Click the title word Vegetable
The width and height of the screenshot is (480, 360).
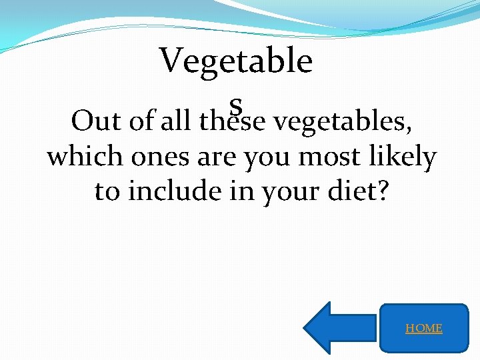[236, 62]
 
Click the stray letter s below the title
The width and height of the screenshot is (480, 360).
[235, 104]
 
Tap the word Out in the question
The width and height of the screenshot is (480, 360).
[95, 121]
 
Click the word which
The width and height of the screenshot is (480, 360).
[85, 157]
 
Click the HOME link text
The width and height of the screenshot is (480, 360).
[424, 328]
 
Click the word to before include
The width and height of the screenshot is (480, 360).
[107, 191]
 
